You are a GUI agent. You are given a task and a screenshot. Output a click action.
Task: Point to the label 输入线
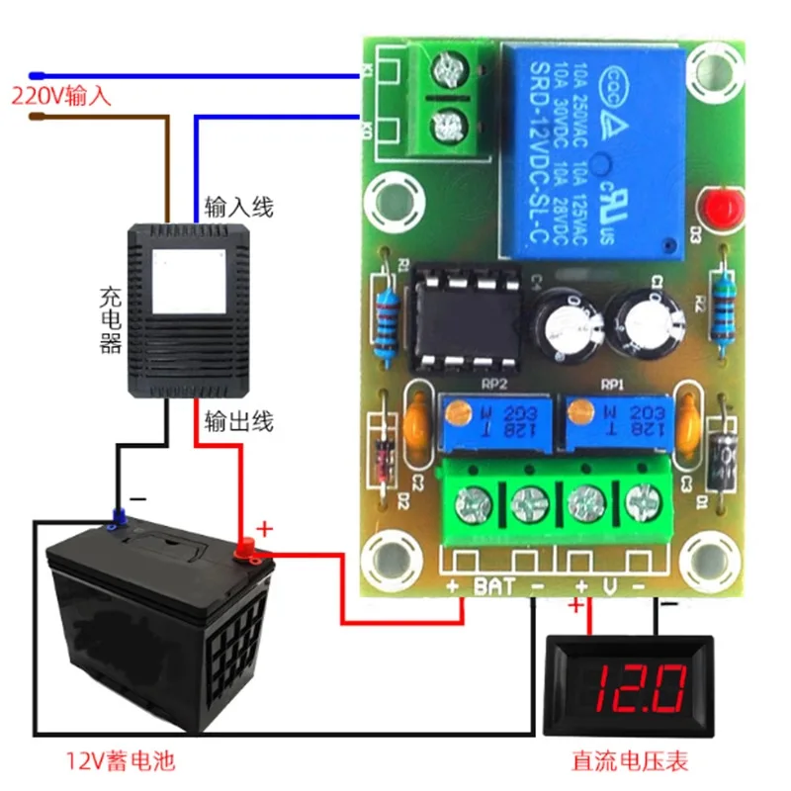pos(238,208)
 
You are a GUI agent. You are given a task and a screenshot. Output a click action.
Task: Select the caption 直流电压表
pos(630,761)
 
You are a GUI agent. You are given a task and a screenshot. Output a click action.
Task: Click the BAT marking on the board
pos(495,587)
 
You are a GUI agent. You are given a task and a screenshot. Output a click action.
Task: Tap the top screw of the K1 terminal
pos(452,69)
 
